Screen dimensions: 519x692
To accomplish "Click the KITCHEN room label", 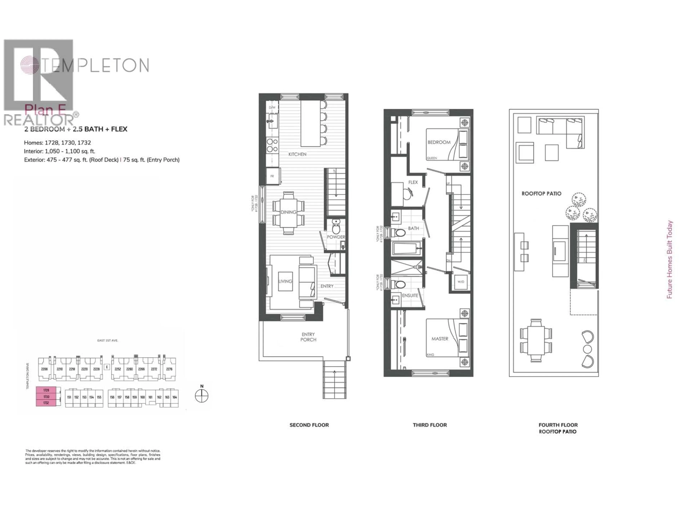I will [x=297, y=154].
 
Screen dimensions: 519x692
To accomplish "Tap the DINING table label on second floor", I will [x=288, y=212].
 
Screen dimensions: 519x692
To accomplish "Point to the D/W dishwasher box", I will [x=272, y=107].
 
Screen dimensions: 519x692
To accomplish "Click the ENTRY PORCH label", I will [x=308, y=337].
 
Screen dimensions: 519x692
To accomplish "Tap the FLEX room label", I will [x=413, y=182].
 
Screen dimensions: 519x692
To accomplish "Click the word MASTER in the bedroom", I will [x=440, y=339].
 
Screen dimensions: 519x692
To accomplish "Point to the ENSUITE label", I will [x=410, y=295].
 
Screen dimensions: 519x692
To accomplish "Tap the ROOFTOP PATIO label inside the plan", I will [x=541, y=194].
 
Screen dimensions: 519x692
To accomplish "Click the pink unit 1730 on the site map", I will [x=46, y=397].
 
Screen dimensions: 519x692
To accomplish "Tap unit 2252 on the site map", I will [x=118, y=369].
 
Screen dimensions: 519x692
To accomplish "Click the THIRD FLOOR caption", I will [x=430, y=425].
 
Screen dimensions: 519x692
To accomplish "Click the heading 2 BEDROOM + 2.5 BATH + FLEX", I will [x=76, y=129].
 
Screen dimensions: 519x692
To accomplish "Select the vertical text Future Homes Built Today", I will [x=669, y=260].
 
